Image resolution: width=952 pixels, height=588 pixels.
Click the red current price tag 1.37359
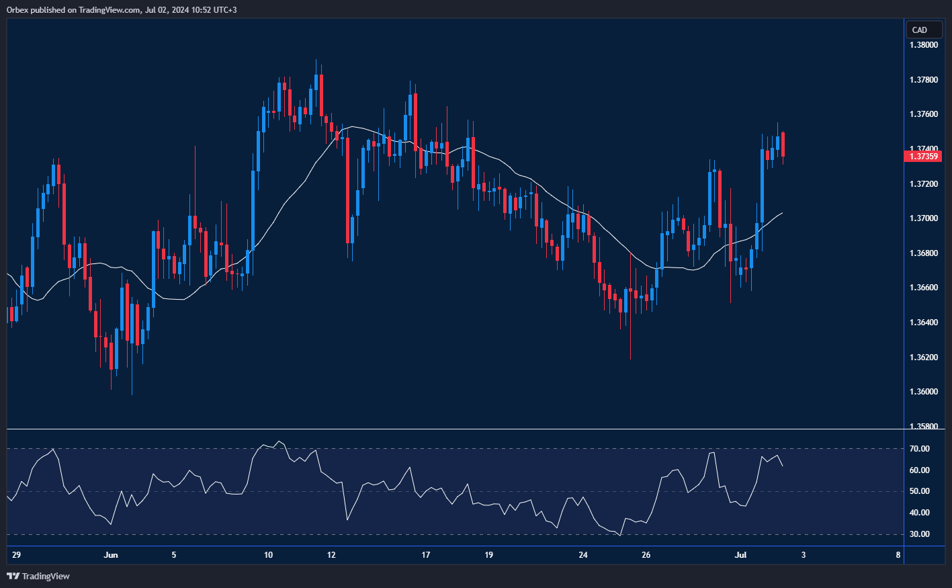tap(924, 157)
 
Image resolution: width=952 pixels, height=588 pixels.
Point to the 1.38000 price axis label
tap(924, 45)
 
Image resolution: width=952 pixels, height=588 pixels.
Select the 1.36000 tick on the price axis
tap(924, 392)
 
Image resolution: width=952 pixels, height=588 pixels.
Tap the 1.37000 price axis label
tap(924, 218)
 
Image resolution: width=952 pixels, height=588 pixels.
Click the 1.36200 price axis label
tap(924, 357)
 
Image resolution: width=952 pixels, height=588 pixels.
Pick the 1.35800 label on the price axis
tap(924, 426)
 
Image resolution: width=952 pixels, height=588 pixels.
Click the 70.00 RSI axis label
tap(920, 449)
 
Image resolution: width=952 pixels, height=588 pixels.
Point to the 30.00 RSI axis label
tap(920, 534)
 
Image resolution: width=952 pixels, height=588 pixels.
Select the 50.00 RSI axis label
tap(920, 491)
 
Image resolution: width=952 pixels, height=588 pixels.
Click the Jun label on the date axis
tap(111, 555)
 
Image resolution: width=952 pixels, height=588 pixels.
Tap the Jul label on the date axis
tap(740, 555)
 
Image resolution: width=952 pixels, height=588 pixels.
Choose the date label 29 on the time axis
tap(17, 555)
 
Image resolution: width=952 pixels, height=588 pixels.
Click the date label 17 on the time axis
tap(425, 555)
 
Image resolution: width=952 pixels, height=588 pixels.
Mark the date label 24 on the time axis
tap(583, 555)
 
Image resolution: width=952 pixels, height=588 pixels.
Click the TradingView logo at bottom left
tap(38, 576)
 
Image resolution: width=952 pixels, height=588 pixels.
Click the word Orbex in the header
tap(17, 9)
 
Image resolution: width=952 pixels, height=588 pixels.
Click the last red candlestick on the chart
tap(783, 145)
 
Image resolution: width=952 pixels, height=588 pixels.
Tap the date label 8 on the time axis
tap(898, 555)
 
